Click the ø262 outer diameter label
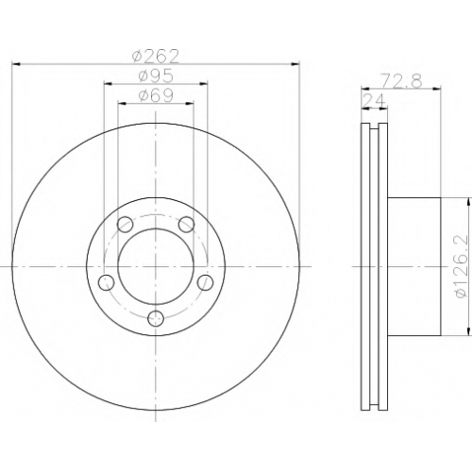coord(156,57)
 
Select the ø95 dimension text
coord(156,76)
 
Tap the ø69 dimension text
coord(156,95)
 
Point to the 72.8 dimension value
coord(400,81)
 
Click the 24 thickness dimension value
coord(375,101)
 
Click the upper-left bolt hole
coord(125,225)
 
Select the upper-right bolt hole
coord(186,225)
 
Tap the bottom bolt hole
coord(156,318)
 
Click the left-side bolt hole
coord(107,282)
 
